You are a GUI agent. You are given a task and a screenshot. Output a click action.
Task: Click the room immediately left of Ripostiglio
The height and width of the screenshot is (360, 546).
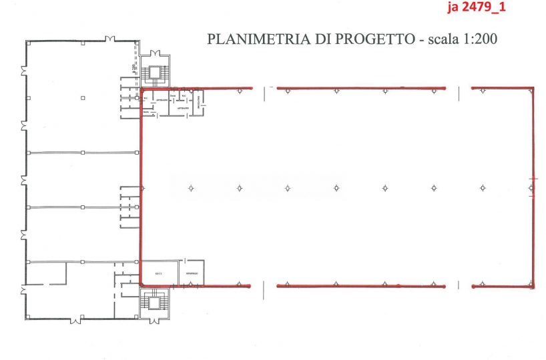click(x=160, y=273)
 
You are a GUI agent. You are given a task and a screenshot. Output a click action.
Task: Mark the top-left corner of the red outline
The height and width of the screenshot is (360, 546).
click(x=141, y=88)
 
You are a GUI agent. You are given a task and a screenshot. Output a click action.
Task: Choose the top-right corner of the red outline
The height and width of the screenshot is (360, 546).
click(x=533, y=88)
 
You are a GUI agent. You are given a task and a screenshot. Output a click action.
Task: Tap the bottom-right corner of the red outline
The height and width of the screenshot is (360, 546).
click(x=533, y=285)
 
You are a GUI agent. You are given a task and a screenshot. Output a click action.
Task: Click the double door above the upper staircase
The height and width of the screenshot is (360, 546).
click(x=155, y=53)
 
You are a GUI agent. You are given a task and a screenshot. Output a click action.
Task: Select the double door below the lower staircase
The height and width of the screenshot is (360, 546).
click(x=155, y=320)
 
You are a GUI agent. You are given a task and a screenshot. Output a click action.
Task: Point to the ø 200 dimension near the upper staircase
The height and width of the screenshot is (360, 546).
click(x=135, y=67)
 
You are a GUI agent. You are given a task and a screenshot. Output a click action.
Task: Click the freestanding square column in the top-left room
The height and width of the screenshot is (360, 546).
click(x=83, y=98)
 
